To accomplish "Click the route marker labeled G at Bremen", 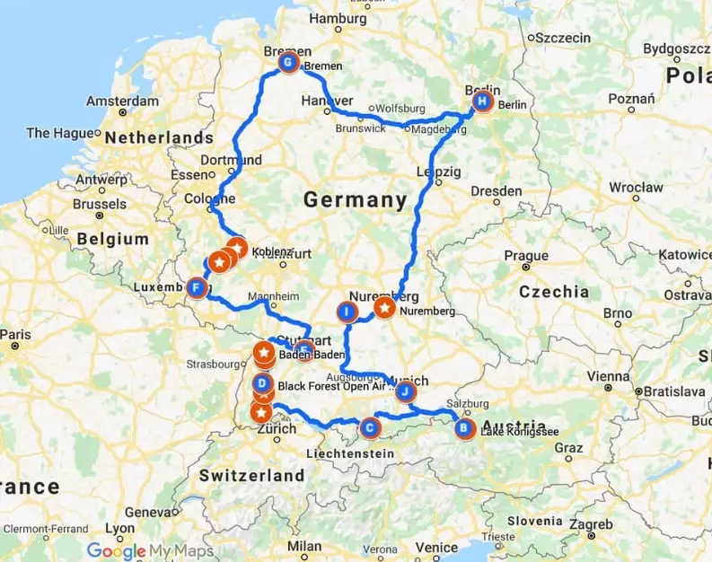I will [288, 64].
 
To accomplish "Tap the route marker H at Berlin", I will [482, 102].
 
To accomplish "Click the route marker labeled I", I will [346, 312].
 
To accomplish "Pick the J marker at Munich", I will [405, 391].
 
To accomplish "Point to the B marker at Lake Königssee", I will [463, 428].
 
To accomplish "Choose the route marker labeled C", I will [369, 429].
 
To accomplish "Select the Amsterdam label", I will [125, 101].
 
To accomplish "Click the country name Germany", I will [355, 200].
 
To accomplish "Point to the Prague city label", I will [526, 257].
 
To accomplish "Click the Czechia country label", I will [553, 292].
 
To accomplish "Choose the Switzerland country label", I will [252, 474].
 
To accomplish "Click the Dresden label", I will [496, 191].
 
